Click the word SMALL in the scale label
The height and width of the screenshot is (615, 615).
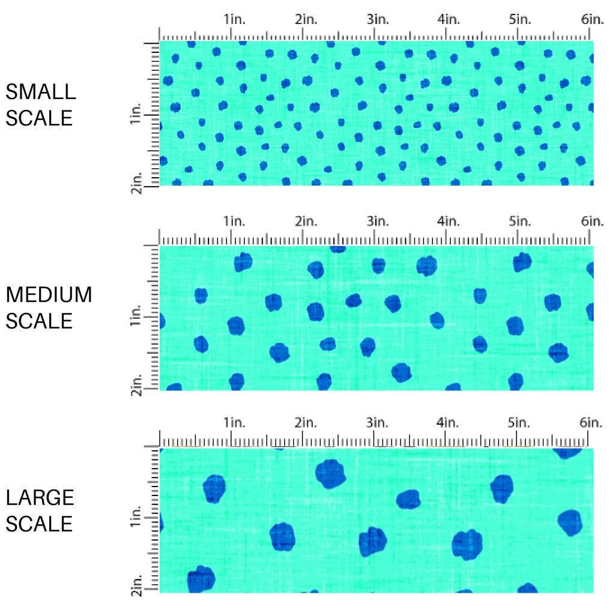[x=41, y=92]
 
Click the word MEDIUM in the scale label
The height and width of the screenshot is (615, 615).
[x=49, y=295]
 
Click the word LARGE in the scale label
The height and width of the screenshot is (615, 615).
[x=40, y=498]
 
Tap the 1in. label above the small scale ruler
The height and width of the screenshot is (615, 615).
[x=235, y=19]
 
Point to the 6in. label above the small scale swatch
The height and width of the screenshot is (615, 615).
[x=592, y=19]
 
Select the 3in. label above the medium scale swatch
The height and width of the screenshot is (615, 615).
[x=378, y=222]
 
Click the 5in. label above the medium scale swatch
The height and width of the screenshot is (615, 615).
[x=521, y=222]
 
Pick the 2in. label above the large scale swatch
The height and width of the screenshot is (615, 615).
[x=306, y=423]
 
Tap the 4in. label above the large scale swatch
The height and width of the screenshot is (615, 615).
[x=449, y=423]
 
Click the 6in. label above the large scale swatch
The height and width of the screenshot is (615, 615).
[x=592, y=423]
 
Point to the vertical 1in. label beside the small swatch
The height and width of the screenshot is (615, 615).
[x=136, y=114]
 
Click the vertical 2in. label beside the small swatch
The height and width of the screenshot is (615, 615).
[x=136, y=182]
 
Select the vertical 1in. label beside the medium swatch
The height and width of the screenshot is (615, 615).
[x=136, y=316]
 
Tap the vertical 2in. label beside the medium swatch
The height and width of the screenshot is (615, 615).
[x=136, y=384]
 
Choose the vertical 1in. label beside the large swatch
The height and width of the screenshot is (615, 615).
[x=136, y=518]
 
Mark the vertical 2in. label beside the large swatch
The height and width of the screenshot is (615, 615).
[x=136, y=586]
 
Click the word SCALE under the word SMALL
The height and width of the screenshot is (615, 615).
[x=39, y=118]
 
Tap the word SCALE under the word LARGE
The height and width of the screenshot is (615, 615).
[x=39, y=524]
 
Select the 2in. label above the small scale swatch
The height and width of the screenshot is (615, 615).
[x=306, y=19]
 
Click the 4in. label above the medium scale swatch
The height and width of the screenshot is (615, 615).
[x=449, y=222]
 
